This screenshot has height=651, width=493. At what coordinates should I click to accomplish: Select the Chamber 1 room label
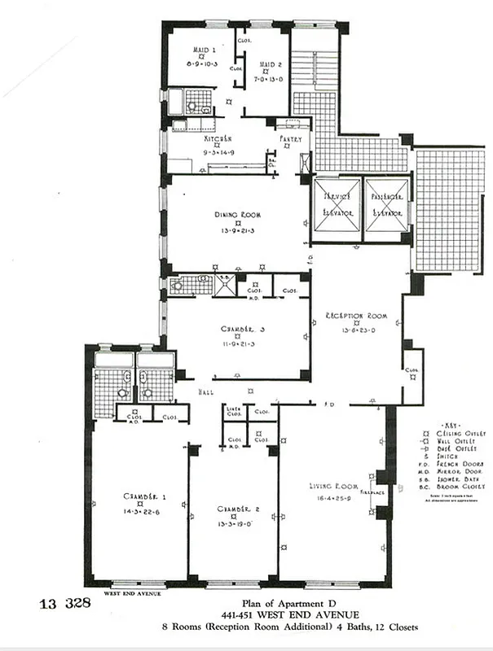point(139,496)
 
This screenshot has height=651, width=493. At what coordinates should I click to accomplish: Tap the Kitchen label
point(218,139)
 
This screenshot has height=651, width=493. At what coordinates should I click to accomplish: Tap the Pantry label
point(291,139)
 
